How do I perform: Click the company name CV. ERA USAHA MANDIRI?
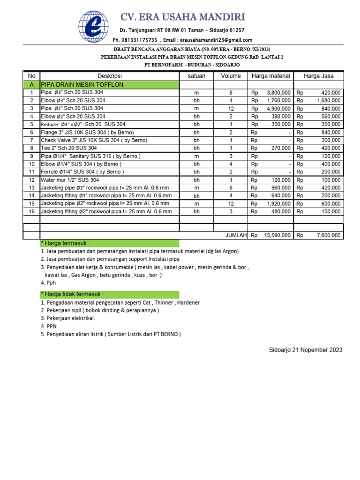tap(183, 17)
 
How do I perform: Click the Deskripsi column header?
tap(109, 76)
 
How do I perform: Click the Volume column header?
tap(231, 76)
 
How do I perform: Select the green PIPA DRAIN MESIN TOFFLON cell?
tap(109, 85)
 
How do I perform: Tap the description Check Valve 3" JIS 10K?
tap(94, 140)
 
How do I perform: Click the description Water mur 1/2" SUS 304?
tap(70, 180)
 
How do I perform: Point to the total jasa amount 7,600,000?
tap(329, 235)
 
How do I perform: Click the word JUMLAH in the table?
tap(236, 235)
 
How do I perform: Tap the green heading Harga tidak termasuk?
tap(109, 294)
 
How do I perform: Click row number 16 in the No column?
tap(31, 212)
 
